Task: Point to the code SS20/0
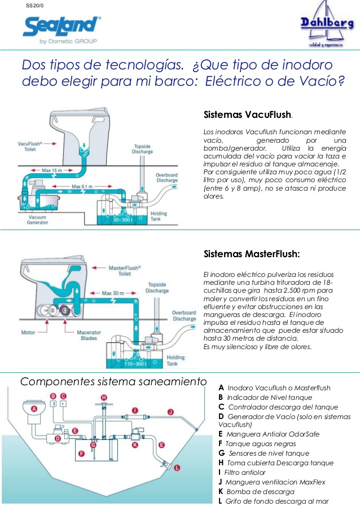(34, 6)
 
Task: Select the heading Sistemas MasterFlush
(251, 254)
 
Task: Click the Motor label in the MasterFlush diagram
(29, 332)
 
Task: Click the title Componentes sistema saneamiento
(113, 382)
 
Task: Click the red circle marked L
(177, 468)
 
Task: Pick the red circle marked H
(103, 398)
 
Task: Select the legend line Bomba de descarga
(260, 492)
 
